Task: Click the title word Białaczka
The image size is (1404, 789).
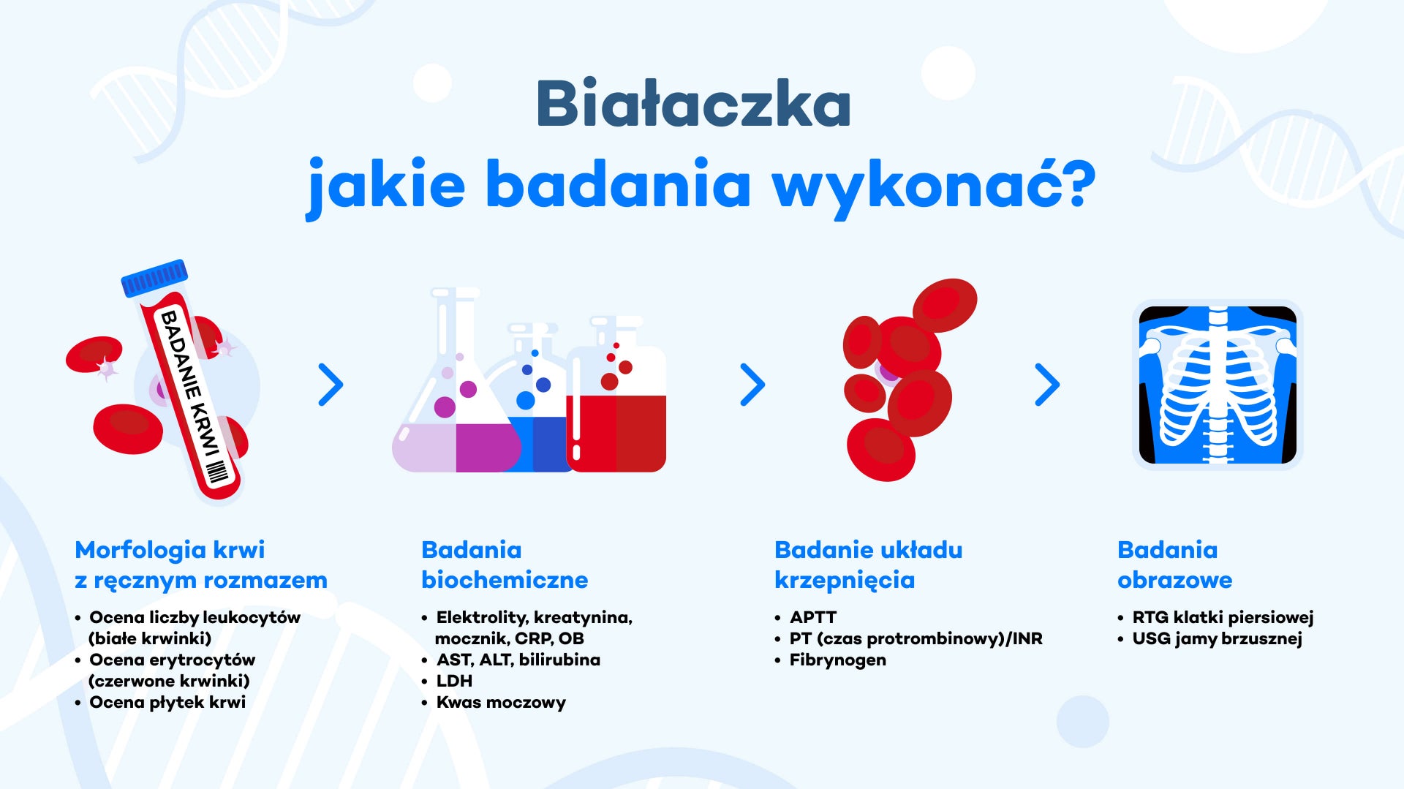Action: coord(693,103)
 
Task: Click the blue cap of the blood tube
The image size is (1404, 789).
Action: coord(154,278)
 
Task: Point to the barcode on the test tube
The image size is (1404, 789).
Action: coord(217,472)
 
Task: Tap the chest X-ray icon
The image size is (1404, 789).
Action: coord(1218,385)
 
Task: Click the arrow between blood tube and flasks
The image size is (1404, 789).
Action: coord(331,385)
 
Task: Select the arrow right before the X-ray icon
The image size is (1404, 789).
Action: coord(1047,385)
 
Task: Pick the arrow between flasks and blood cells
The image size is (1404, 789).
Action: coord(752,385)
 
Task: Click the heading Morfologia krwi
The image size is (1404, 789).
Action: coord(170,550)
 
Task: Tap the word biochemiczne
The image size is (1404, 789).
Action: coord(505,580)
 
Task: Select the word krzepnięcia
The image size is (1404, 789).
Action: coord(845,581)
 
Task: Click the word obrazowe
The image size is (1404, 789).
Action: coord(1175,580)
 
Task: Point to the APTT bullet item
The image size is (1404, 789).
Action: coord(813,617)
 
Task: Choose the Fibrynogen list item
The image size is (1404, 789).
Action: coord(838,660)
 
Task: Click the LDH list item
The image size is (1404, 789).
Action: coord(454,681)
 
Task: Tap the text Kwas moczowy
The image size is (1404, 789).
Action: coord(501,703)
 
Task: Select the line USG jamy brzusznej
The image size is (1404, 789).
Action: coord(1218,639)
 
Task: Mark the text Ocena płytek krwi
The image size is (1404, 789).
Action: coord(167,703)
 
